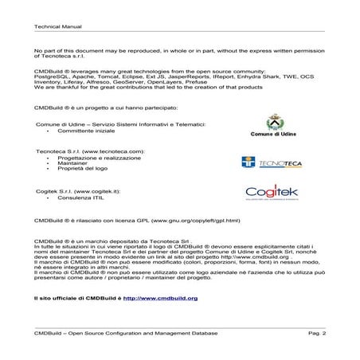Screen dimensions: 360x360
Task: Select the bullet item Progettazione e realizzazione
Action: coord(92,158)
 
